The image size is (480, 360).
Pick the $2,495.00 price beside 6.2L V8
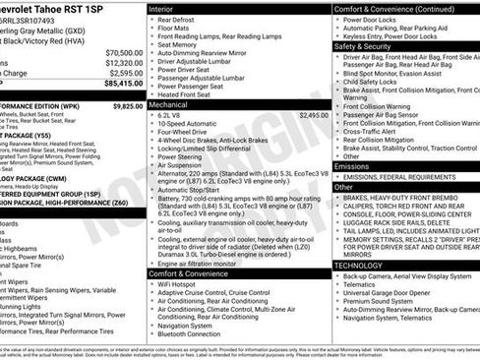[314, 115]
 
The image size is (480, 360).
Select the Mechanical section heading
[170, 102]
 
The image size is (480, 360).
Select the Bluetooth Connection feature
[194, 333]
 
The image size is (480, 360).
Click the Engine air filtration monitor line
[204, 263]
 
